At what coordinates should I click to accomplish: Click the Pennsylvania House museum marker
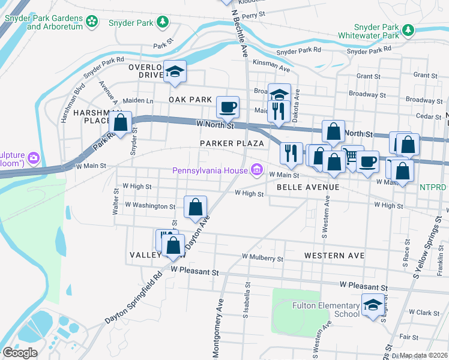[x=258, y=170]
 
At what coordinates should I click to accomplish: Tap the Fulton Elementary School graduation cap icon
[x=372, y=305]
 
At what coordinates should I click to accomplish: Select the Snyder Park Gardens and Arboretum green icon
[x=92, y=22]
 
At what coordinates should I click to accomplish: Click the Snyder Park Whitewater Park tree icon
[x=408, y=29]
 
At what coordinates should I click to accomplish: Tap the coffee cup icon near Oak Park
[x=228, y=107]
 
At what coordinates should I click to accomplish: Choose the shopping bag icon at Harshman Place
[x=121, y=123]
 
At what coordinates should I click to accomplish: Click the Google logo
[x=20, y=353]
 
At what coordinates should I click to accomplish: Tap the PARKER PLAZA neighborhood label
[x=232, y=143]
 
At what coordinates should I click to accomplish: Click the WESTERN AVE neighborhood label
[x=334, y=256]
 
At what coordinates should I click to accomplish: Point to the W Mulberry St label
[x=262, y=258]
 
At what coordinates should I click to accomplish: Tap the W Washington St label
[x=150, y=206]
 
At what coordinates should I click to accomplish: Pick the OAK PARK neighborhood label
[x=190, y=99]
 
